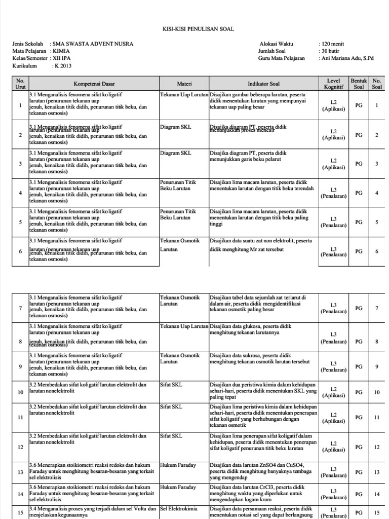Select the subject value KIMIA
point(62,51)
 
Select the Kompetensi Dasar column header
point(94,84)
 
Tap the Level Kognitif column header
point(333,84)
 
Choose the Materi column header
point(184,84)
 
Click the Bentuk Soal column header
point(359,84)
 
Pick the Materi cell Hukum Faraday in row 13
point(177,465)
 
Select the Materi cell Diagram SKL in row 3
point(175,153)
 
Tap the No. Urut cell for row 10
point(20,392)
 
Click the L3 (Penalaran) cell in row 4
point(333,193)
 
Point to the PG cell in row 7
point(359,308)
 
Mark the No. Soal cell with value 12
point(377,447)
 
